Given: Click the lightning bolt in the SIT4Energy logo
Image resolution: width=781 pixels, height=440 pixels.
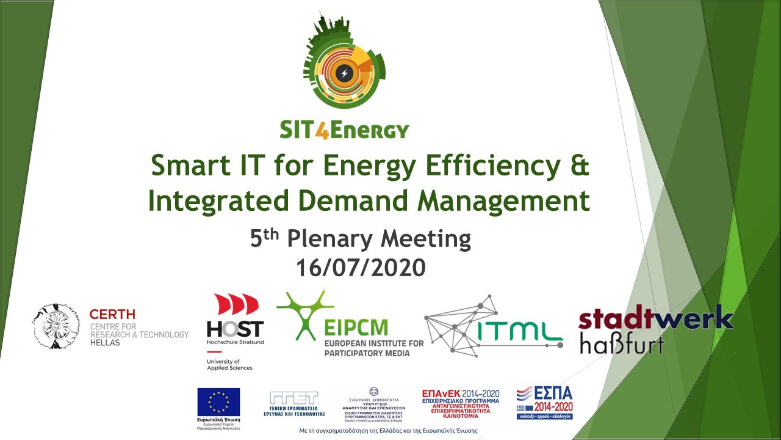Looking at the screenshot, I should [344, 73].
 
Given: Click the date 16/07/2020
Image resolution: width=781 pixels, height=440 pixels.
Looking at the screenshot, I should [361, 268].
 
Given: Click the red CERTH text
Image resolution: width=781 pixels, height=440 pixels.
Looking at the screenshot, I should [112, 314].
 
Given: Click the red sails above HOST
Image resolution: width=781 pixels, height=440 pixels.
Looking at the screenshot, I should [236, 304].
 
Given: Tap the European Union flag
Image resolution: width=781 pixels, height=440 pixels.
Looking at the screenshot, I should [218, 402].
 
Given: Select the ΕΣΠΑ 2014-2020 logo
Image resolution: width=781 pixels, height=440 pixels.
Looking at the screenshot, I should [544, 402].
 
